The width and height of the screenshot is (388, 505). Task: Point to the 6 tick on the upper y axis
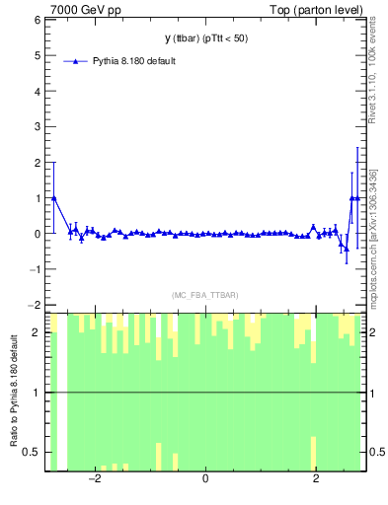point(37,20)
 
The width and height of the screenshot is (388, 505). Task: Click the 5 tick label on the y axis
point(37,55)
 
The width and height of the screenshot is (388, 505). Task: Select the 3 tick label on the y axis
point(37,127)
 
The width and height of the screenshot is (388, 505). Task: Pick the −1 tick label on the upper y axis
point(34,270)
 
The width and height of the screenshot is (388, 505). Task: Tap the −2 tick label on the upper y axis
point(34,306)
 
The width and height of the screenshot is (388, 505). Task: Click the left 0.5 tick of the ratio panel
point(33,452)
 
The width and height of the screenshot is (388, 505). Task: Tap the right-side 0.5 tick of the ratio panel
point(378,452)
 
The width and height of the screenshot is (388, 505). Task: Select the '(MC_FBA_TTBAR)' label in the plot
point(204,295)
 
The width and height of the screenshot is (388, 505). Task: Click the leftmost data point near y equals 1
point(53,198)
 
